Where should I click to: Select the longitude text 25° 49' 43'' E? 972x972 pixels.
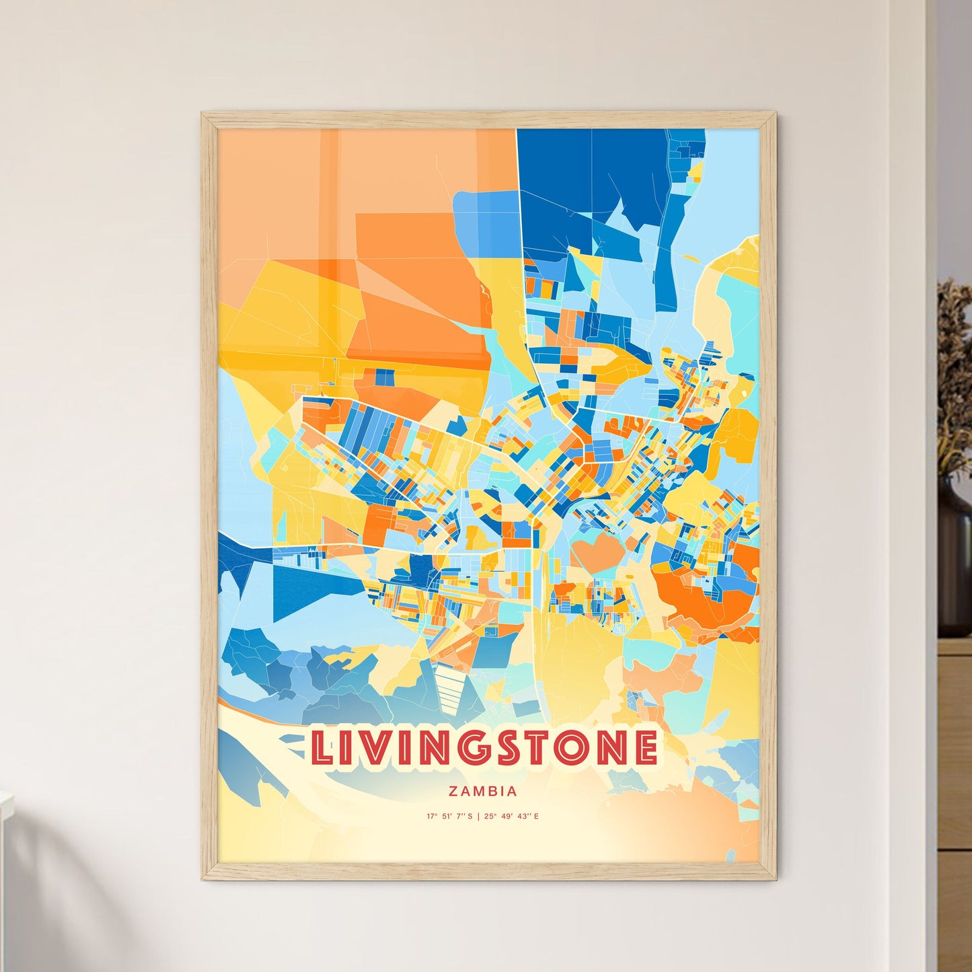tap(511, 817)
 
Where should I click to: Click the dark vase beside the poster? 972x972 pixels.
tap(955, 565)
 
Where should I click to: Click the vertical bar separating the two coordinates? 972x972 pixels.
tap(478, 817)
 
